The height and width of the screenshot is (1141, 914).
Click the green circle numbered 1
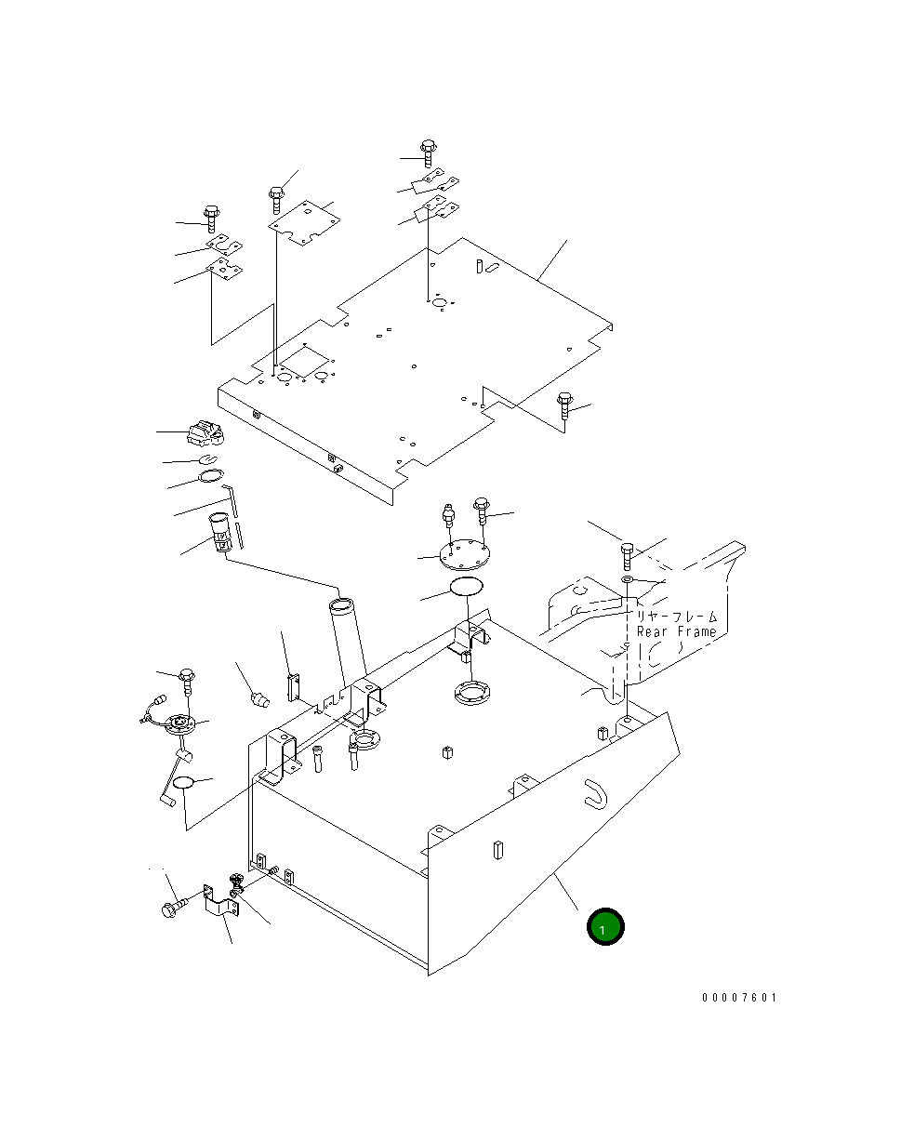pyautogui.click(x=604, y=926)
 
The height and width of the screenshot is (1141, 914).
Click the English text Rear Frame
pyautogui.click(x=676, y=631)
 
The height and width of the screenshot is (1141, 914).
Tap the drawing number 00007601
pyautogui.click(x=738, y=998)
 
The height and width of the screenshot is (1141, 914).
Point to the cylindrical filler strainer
pyautogui.click(x=220, y=532)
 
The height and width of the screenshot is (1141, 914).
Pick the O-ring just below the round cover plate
pyautogui.click(x=466, y=586)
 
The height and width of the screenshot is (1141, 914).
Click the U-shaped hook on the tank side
pyautogui.click(x=592, y=791)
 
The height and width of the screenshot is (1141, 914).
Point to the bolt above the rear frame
pyautogui.click(x=627, y=556)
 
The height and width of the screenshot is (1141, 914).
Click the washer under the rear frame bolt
pyautogui.click(x=628, y=580)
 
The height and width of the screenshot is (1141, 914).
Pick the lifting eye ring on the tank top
pyautogui.click(x=363, y=742)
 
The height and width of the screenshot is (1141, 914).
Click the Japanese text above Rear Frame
pyautogui.click(x=676, y=616)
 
